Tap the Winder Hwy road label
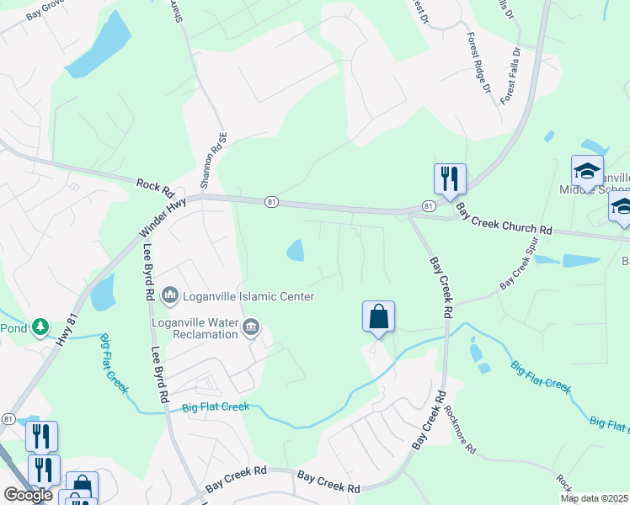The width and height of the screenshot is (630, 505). tap(163, 215)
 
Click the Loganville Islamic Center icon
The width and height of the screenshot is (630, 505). tap(170, 295)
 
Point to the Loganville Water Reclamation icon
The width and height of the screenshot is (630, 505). tap(250, 327)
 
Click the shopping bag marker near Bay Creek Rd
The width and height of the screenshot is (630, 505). tap(379, 317)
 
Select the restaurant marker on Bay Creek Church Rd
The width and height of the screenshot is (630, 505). tap(450, 179)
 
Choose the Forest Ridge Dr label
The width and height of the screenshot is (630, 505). tap(479, 63)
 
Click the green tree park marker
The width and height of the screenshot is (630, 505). tap(40, 327)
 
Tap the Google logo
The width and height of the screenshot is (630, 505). tap(28, 494)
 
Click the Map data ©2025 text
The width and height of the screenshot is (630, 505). tap(594, 498)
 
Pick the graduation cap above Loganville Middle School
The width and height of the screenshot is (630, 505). tap(587, 172)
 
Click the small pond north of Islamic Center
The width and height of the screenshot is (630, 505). tap(296, 250)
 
